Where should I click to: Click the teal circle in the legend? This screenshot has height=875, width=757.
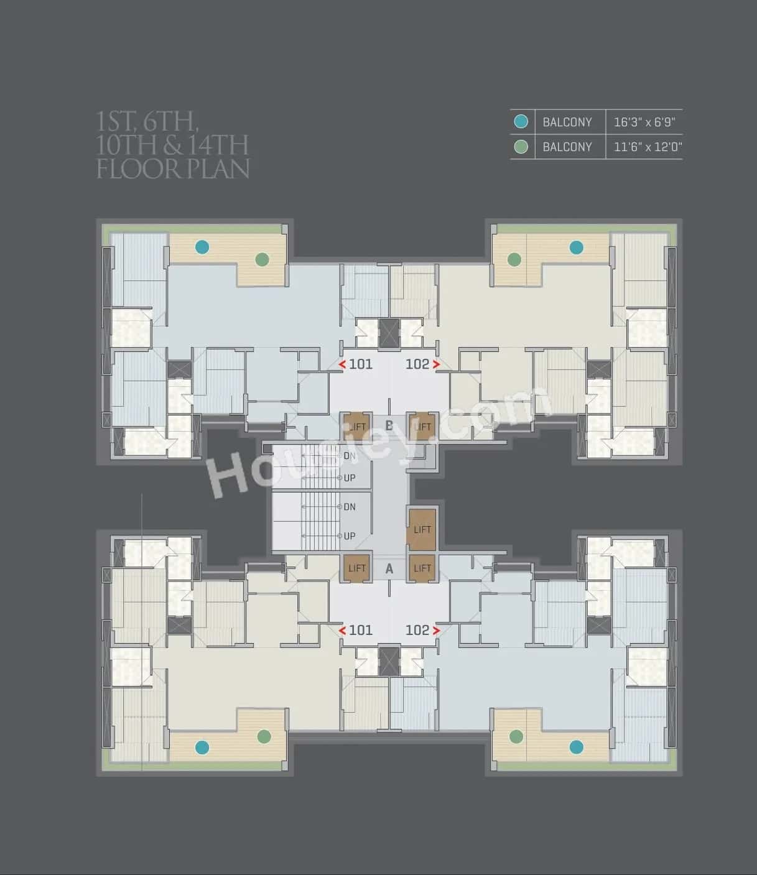tap(521, 121)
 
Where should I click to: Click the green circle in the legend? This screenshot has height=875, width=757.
tap(521, 147)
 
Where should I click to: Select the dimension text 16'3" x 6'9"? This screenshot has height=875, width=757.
tap(644, 122)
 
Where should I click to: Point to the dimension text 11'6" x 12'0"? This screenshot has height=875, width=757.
tap(648, 147)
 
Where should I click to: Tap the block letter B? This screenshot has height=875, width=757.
tap(389, 426)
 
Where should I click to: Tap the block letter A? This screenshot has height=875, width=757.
tap(389, 568)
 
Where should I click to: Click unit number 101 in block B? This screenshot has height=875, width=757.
tap(360, 364)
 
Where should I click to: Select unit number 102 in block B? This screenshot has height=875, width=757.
tap(417, 364)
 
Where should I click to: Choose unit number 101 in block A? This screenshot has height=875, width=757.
tap(360, 630)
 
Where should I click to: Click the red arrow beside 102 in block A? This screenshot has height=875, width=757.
tap(437, 631)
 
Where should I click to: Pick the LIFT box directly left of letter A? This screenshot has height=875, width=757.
tap(357, 568)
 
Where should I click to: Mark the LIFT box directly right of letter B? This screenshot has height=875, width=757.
tap(422, 427)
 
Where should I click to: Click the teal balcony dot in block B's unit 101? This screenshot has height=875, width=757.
tap(202, 247)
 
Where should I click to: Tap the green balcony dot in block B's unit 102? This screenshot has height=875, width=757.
tap(514, 259)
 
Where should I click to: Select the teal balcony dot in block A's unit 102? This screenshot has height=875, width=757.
tap(577, 746)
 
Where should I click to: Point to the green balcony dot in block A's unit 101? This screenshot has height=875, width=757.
tap(264, 736)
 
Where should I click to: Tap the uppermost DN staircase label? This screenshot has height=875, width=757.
tap(350, 456)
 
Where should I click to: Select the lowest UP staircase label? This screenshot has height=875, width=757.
tap(350, 536)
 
